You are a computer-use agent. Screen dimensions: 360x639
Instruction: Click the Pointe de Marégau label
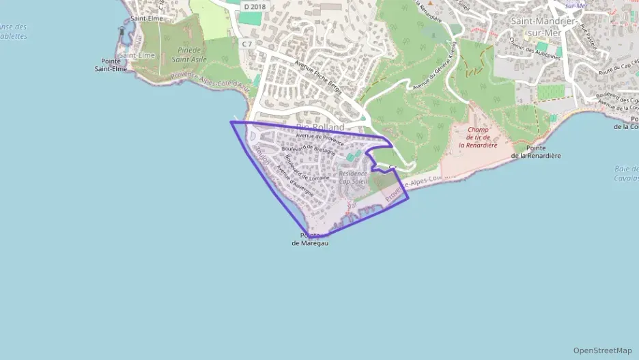tap(310, 239)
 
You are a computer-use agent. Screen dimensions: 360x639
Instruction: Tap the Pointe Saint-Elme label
tap(111, 64)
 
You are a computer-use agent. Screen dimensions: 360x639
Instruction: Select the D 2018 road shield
tap(254, 7)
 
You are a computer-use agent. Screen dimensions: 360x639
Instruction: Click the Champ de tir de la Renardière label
tap(477, 137)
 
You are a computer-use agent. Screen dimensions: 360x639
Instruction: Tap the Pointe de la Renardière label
tap(535, 152)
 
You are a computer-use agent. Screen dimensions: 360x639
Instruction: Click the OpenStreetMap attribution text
tap(602, 350)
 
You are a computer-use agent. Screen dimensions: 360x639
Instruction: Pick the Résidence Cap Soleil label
tap(353, 178)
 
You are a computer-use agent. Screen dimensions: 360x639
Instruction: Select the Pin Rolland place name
tap(320, 127)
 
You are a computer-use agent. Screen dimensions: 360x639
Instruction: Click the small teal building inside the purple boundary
tap(350, 157)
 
